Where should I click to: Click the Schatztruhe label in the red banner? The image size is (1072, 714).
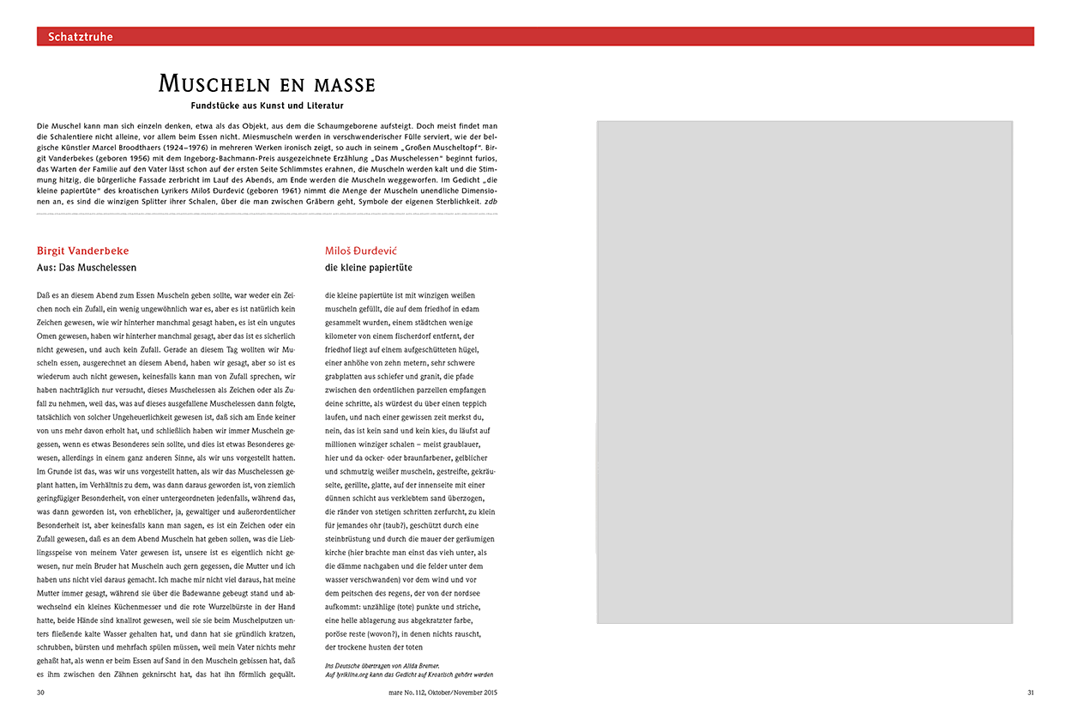click(81, 37)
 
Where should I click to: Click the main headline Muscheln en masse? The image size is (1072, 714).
click(267, 84)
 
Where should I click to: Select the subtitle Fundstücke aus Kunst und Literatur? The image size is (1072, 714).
click(267, 106)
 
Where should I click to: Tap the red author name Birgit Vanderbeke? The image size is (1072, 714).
click(83, 251)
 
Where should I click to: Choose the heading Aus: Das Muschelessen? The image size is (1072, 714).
click(87, 268)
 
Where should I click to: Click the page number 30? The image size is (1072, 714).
click(41, 692)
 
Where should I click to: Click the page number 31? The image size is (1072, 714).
click(1031, 692)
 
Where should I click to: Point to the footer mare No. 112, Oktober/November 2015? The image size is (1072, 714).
click(442, 692)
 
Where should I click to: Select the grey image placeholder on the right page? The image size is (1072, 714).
click(805, 372)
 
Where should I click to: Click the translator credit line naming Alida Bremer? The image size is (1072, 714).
click(382, 665)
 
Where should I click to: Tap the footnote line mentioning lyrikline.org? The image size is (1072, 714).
click(409, 675)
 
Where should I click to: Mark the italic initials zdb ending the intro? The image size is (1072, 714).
click(491, 201)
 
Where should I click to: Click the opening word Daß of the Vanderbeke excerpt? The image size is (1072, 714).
click(44, 295)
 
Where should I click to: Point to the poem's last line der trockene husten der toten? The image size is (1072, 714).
click(375, 647)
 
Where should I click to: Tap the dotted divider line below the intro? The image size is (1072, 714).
click(267, 214)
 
